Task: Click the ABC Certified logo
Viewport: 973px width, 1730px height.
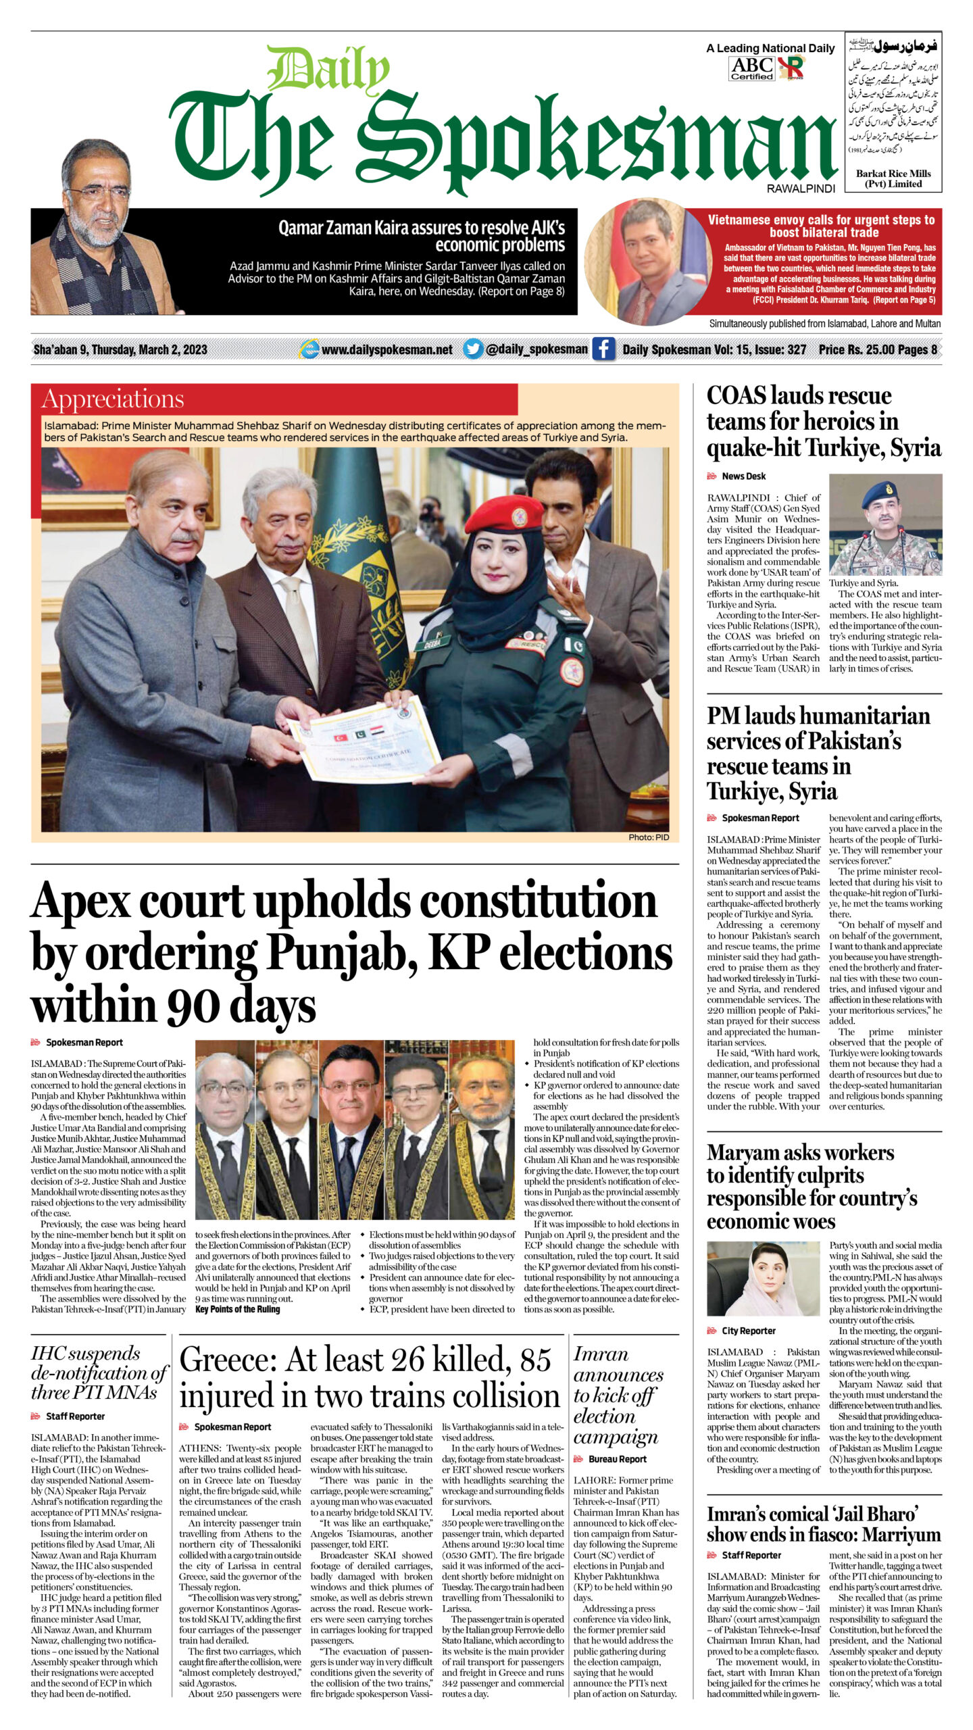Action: tap(751, 68)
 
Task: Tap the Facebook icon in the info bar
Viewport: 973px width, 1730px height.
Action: tap(603, 349)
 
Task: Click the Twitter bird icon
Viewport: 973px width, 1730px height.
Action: tap(473, 349)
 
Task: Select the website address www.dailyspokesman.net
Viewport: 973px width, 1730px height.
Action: tap(386, 349)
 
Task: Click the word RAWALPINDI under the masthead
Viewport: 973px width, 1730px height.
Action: tap(801, 189)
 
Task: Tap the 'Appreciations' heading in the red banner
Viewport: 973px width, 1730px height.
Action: tap(113, 399)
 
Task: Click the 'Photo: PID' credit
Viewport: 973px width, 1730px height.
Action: tap(648, 837)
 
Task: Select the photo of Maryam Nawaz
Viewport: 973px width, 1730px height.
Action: tap(763, 1279)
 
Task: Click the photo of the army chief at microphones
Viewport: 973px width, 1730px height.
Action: tap(885, 524)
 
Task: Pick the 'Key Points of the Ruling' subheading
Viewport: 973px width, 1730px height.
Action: tap(237, 1309)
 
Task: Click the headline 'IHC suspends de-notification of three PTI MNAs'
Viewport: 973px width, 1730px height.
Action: tap(98, 1373)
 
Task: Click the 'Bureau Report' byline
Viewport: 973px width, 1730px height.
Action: tap(617, 1459)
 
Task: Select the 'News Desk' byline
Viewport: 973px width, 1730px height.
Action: tap(743, 476)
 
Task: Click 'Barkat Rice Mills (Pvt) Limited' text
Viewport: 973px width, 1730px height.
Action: tap(893, 178)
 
